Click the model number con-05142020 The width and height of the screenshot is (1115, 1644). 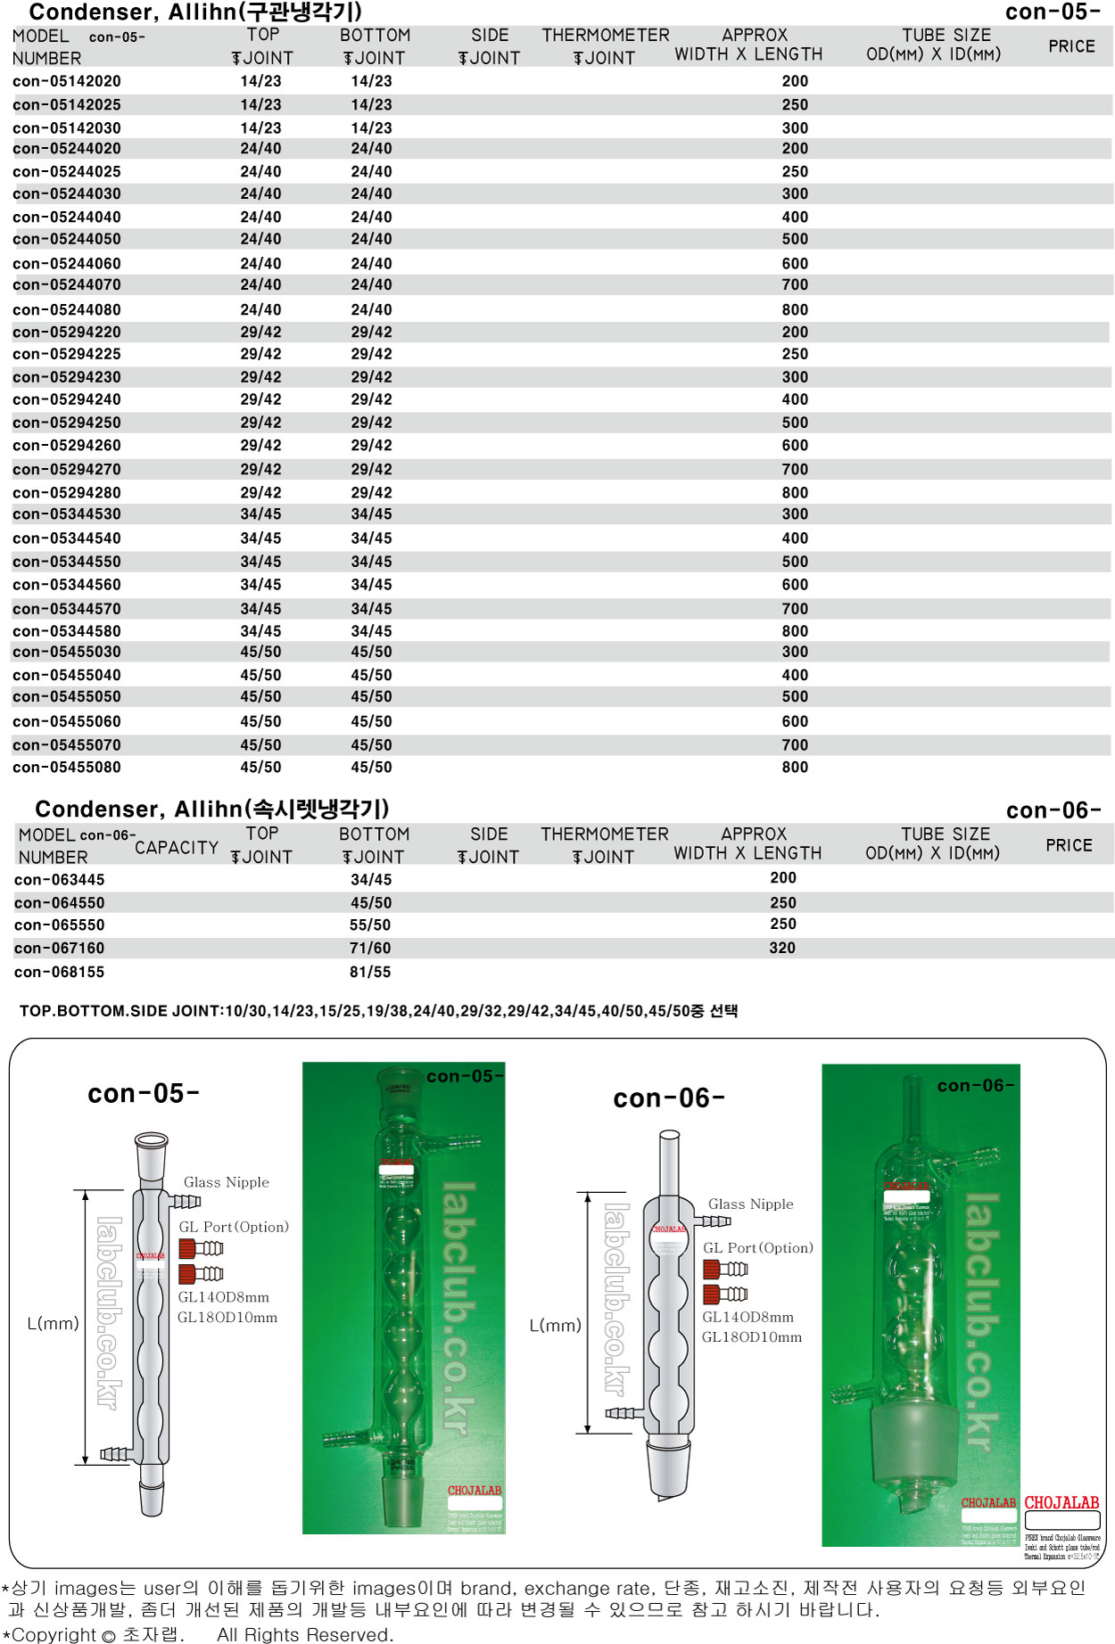67,81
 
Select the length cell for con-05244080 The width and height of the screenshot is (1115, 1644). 795,309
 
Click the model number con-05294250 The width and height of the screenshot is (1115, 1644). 67,423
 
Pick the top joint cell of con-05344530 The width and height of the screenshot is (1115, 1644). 260,514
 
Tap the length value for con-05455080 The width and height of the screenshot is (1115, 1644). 795,768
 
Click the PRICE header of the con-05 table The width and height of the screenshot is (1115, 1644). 1071,46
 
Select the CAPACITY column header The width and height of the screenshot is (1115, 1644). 177,847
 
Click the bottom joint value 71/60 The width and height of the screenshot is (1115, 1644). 370,948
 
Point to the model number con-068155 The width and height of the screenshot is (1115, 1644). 59,972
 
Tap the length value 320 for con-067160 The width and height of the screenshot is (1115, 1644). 782,948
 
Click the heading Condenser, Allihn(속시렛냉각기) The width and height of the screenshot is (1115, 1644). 212,809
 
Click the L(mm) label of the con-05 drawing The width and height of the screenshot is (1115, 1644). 53,1324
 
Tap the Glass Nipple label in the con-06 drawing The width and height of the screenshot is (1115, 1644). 750,1204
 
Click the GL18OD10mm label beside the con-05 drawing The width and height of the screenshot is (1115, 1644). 227,1318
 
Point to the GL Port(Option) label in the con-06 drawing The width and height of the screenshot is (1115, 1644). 757,1248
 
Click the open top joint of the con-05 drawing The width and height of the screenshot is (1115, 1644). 151,1141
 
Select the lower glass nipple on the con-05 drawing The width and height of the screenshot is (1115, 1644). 115,1454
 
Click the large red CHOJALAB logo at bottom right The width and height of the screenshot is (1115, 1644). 1061,1503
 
